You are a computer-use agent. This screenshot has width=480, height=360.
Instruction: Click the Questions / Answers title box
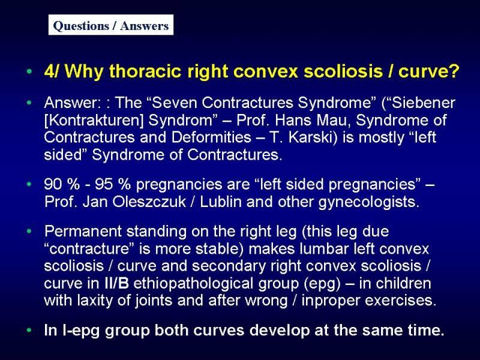(111, 25)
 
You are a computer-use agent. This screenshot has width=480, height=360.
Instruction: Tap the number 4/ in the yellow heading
(52, 71)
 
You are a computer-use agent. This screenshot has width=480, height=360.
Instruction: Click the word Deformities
(212, 137)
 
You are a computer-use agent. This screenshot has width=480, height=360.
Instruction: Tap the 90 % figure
(61, 184)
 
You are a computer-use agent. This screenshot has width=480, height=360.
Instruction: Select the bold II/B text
(116, 283)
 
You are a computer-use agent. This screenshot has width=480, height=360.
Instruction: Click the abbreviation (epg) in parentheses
(322, 284)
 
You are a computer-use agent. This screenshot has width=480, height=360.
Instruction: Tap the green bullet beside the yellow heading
(29, 71)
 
